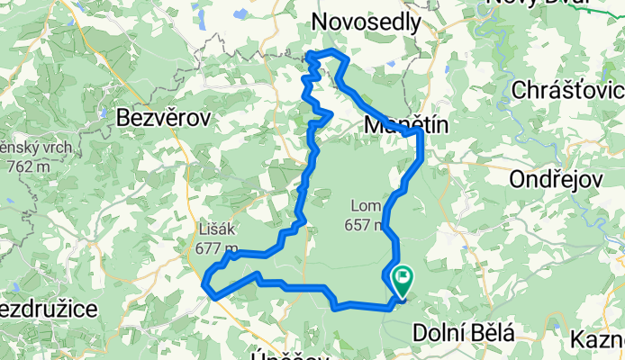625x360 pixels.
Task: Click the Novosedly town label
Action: click(x=366, y=22)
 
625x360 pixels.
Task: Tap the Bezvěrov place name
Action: click(x=163, y=117)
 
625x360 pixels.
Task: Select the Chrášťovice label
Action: click(x=567, y=90)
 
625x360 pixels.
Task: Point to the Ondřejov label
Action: click(x=555, y=179)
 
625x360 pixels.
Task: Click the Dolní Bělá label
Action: click(x=464, y=334)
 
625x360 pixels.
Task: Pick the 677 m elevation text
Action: click(x=216, y=249)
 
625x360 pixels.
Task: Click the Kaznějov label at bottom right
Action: click(x=598, y=340)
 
